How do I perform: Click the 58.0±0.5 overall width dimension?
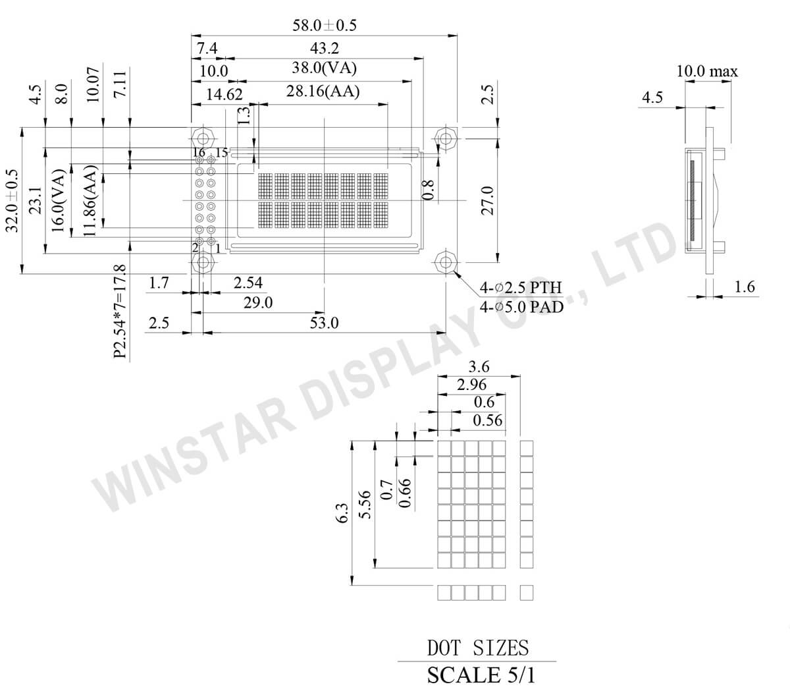coord(324,25)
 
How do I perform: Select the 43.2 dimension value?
coord(325,48)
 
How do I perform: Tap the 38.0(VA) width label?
coord(325,68)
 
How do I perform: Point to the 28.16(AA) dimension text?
coord(323,92)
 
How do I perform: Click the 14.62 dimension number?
coord(224,94)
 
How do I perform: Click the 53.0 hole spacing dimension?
coord(324,323)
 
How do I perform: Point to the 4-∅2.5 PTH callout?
coord(521,287)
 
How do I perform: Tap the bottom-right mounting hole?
coord(446,262)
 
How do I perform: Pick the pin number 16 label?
coord(199,153)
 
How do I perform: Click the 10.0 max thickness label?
coord(707,71)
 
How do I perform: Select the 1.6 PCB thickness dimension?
coord(744,287)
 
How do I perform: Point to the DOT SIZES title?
coord(478,648)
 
